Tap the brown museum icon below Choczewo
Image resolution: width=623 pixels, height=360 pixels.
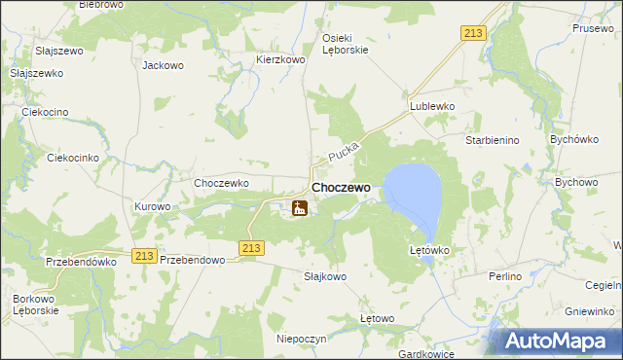[300, 207]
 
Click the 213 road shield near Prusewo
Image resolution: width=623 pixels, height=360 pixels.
[473, 34]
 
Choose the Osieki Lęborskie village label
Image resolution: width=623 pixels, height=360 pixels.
[345, 44]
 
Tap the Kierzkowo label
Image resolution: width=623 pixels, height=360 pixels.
[280, 59]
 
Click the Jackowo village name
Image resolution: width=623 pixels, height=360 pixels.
[163, 66]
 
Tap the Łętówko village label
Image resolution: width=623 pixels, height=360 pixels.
[428, 250]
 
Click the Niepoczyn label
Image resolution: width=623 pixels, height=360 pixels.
[301, 339]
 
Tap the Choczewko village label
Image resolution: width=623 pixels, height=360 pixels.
[222, 182]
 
